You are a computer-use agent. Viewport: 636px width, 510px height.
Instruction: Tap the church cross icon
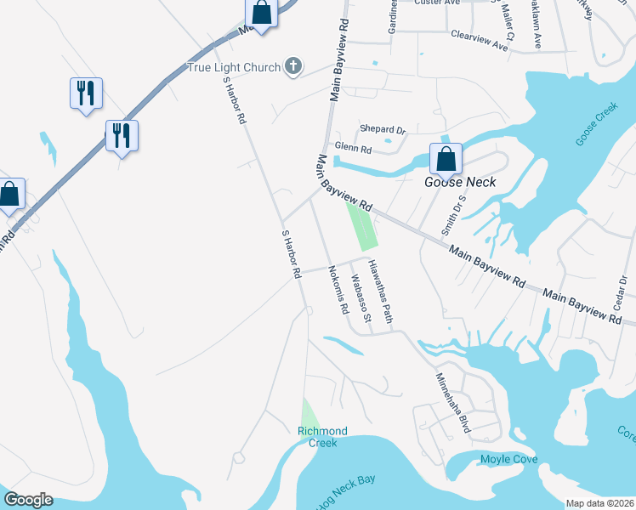coord(293,65)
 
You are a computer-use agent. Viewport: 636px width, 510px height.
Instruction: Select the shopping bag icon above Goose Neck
coord(446,159)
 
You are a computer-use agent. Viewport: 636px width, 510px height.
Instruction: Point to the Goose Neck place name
coord(460,182)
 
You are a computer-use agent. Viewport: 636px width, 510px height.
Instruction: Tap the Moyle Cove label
coord(508,460)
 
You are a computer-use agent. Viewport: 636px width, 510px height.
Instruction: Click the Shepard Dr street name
coord(382,129)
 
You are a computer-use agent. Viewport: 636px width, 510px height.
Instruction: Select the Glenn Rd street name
coord(353,148)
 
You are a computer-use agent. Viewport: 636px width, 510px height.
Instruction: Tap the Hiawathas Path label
coord(382,292)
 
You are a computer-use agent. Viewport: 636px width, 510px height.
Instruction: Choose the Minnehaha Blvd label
coord(453,403)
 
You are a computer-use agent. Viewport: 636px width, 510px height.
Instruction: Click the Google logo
coord(28,500)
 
